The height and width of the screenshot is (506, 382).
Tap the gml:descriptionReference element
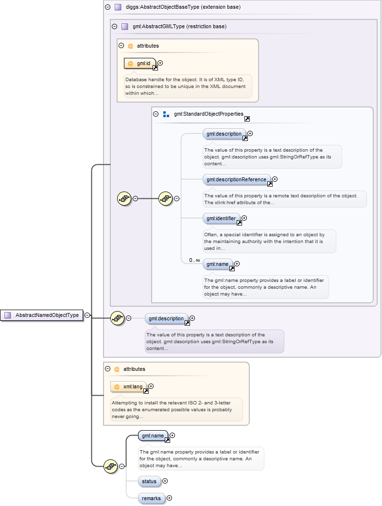coord(236,179)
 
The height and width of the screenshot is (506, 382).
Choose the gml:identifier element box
coord(221,219)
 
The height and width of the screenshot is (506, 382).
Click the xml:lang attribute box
coord(129,386)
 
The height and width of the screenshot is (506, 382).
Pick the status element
coord(149,481)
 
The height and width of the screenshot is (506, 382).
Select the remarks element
coord(151,498)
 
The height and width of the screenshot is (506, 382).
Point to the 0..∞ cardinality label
coord(194,260)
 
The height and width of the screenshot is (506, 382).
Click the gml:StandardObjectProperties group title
coord(208,114)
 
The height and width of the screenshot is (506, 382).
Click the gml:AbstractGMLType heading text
coord(179,26)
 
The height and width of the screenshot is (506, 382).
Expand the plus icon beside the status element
coord(165,481)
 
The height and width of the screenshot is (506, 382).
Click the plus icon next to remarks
coord(169,498)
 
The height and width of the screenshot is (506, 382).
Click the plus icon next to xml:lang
coord(151,386)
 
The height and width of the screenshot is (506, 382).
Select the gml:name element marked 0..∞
coord(217,264)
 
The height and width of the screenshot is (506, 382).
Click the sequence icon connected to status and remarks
coord(111,466)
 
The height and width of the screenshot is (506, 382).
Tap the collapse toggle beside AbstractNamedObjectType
coord(87,315)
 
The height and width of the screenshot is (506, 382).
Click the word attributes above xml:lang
coord(134,369)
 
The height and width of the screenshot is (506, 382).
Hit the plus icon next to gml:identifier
coord(244,219)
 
